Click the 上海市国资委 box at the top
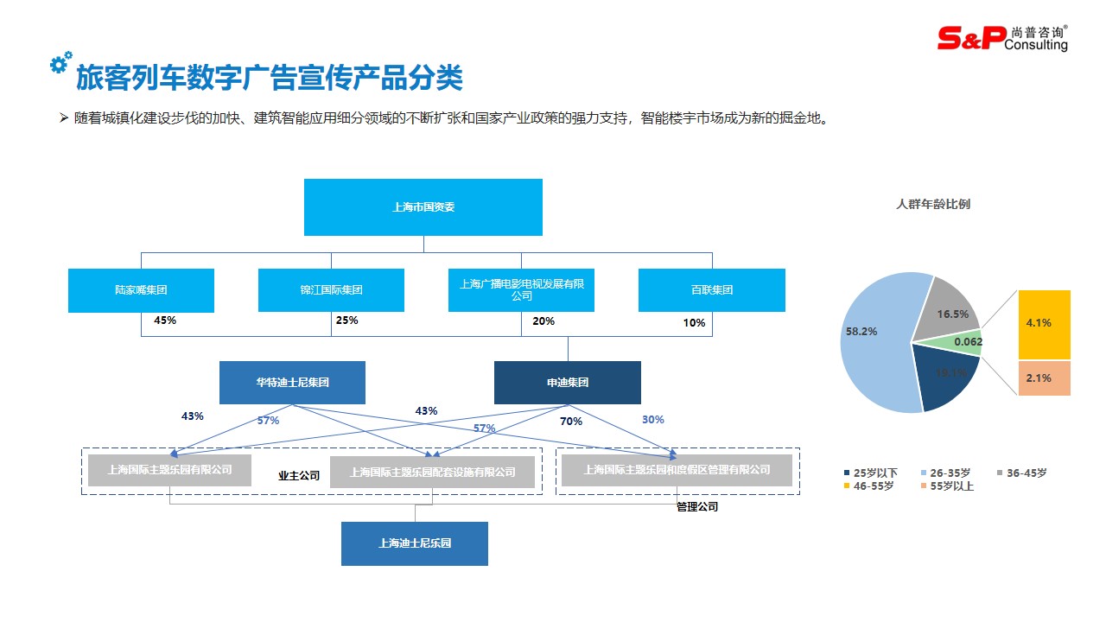click(x=423, y=207)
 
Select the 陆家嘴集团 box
click(x=141, y=290)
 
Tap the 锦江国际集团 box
click(x=331, y=290)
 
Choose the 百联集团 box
click(x=711, y=290)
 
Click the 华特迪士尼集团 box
click(x=292, y=383)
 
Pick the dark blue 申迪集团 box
click(x=567, y=383)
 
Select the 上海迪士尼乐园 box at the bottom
click(x=415, y=543)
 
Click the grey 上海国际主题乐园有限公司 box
click(x=170, y=470)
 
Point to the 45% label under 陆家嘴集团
click(x=165, y=321)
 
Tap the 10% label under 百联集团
click(x=694, y=323)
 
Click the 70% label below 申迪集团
click(x=571, y=422)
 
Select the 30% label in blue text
click(x=652, y=420)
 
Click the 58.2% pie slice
click(x=873, y=337)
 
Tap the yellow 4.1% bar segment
click(x=1044, y=324)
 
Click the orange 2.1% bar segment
click(x=1044, y=378)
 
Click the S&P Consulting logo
click(x=1002, y=38)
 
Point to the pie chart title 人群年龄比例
click(x=933, y=205)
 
